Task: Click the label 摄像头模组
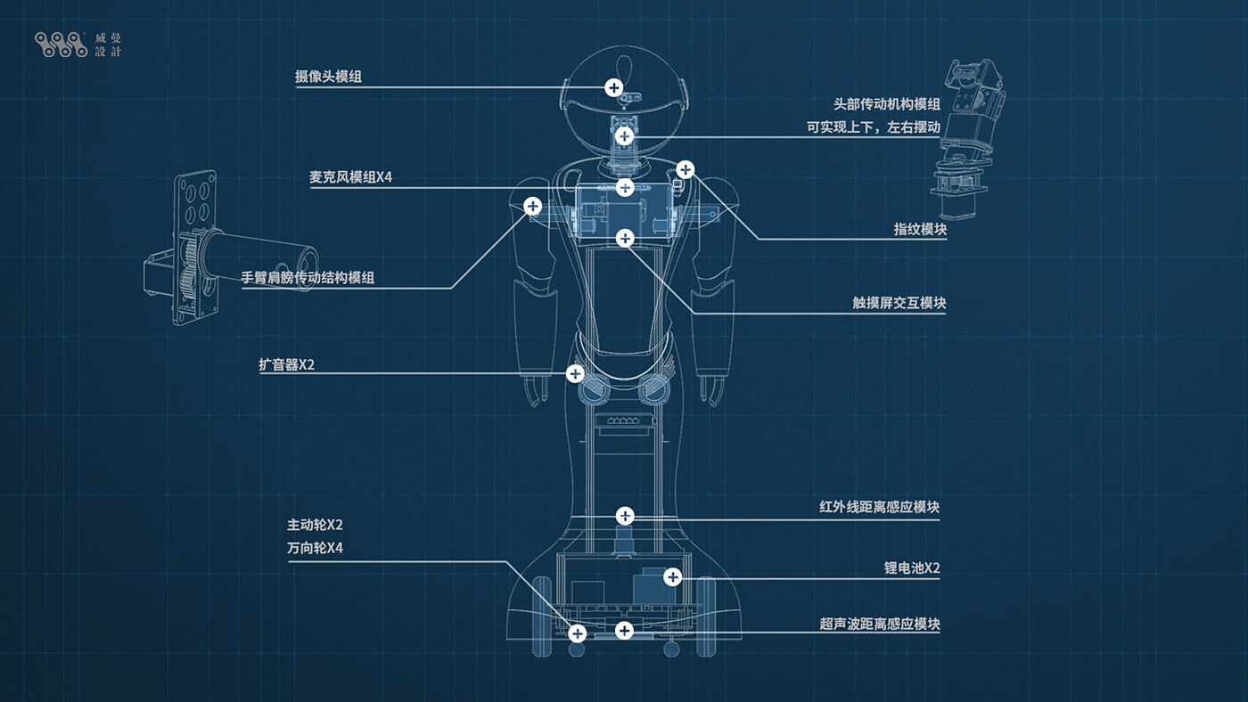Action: click(328, 77)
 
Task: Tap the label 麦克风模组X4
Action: click(350, 177)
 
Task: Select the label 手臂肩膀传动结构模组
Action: click(308, 277)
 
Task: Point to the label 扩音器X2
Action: click(286, 364)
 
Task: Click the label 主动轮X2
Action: click(315, 525)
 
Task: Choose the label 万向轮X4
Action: click(315, 548)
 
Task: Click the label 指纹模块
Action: click(920, 229)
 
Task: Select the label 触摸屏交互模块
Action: click(899, 303)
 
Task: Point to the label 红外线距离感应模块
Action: click(879, 507)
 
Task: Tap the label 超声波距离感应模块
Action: click(879, 624)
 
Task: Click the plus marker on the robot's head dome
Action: click(613, 87)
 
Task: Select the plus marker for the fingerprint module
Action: click(685, 168)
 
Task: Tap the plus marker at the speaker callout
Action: click(575, 373)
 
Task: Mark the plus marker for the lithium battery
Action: click(673, 577)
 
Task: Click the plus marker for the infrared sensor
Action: click(625, 516)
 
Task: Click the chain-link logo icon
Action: click(61, 45)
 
